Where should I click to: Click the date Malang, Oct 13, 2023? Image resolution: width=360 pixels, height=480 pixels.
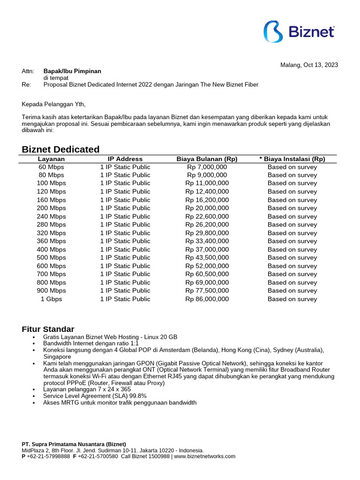309,65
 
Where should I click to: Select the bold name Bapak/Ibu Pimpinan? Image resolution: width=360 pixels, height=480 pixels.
72,71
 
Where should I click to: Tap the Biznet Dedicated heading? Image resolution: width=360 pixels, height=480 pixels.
61,149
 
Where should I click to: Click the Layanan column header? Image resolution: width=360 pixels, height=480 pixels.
51,159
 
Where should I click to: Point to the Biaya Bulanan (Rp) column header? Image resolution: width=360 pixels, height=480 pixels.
207,159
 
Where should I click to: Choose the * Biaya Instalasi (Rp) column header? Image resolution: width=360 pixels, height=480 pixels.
292,159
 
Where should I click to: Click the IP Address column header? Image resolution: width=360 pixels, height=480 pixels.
125,159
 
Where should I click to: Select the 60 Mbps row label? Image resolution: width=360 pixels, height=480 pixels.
51,167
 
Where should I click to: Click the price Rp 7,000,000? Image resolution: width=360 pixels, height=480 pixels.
207,167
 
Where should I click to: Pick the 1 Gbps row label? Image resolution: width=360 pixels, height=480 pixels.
51,299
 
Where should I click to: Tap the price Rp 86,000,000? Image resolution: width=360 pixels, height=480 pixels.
207,299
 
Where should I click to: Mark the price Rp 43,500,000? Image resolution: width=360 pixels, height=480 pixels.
207,257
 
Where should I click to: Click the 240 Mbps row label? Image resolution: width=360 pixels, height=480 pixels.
51,217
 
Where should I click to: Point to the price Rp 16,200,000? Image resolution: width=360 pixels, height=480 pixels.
207,200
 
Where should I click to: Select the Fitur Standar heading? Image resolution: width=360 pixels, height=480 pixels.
48,329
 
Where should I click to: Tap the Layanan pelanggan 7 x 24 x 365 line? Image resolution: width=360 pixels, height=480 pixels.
87,390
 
